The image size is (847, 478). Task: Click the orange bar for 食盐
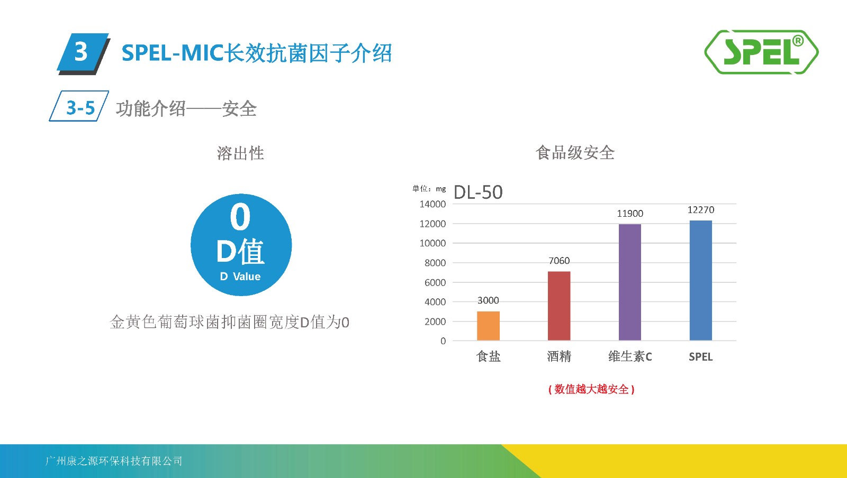[x=488, y=326]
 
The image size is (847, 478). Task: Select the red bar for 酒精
[x=559, y=306]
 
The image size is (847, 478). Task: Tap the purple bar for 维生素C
[x=630, y=282]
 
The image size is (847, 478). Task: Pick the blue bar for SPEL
[x=701, y=281]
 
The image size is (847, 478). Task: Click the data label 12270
[x=701, y=210]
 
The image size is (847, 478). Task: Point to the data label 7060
[x=559, y=261]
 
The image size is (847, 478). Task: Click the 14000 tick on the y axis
[x=432, y=204]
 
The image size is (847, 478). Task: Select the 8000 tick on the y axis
[x=435, y=263]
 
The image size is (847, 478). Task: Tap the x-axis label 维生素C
[x=630, y=356]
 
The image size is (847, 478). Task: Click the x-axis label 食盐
[x=488, y=356]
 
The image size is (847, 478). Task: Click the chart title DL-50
[x=478, y=192]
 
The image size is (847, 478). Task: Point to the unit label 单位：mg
[x=429, y=188]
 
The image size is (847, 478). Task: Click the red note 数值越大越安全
[x=591, y=389]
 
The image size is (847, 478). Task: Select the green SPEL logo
[x=761, y=52]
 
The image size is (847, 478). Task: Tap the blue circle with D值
[x=241, y=245]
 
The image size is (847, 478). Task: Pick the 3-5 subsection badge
[x=79, y=106]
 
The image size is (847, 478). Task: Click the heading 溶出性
[x=240, y=153]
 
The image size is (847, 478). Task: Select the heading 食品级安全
[x=575, y=153]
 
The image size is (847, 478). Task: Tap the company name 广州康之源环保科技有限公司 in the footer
[x=113, y=461]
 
